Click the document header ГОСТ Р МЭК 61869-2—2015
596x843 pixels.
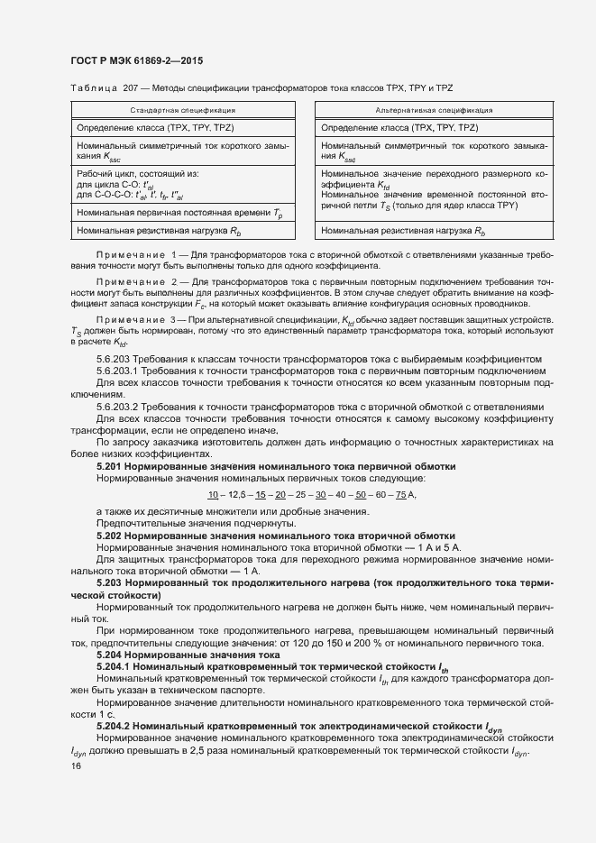(136, 61)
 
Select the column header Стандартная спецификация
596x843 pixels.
(183, 110)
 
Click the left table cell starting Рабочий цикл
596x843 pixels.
(183, 186)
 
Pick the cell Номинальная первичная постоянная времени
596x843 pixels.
(183, 214)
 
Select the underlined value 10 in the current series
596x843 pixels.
(213, 495)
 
